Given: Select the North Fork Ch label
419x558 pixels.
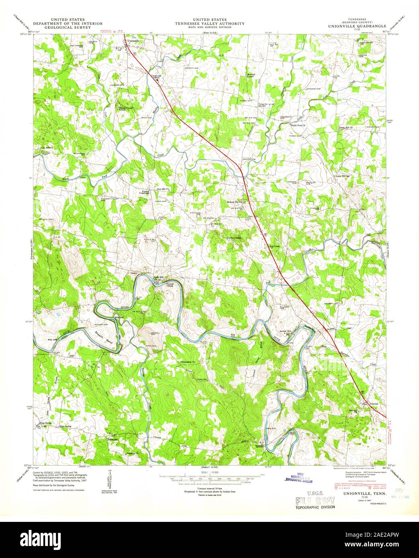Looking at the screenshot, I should (x=298, y=125).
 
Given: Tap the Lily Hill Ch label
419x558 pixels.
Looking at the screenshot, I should (x=47, y=148).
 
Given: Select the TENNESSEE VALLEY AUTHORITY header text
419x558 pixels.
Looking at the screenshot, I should (x=209, y=24).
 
